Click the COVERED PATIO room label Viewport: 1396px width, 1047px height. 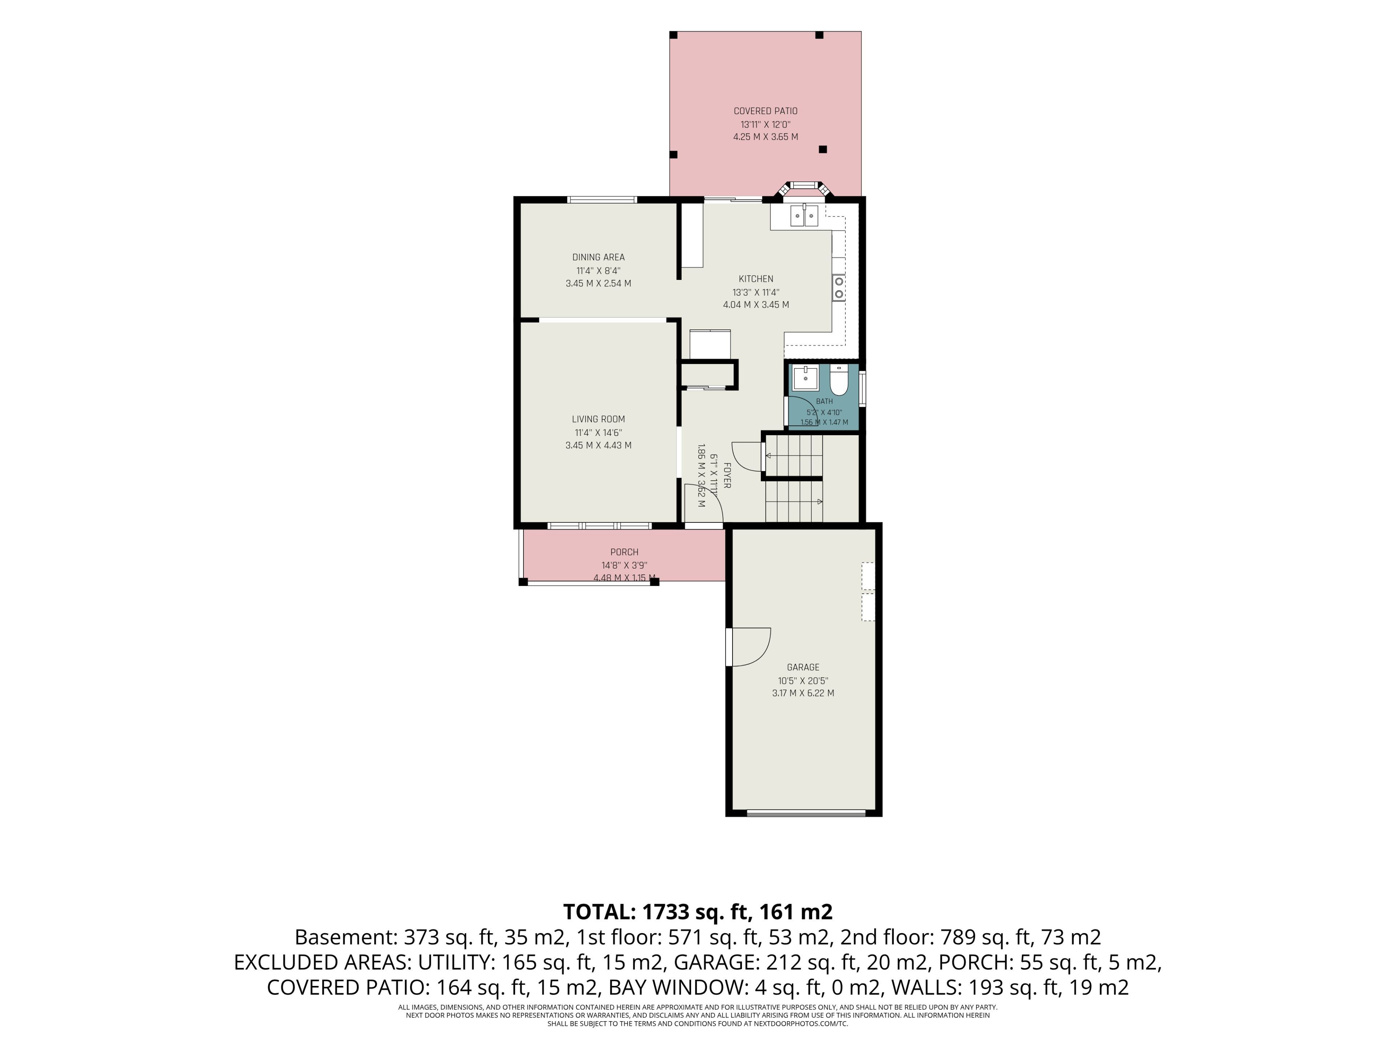(766, 111)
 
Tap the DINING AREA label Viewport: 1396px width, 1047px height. (598, 257)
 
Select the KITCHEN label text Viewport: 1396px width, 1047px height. (756, 279)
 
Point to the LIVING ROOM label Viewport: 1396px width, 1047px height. (598, 419)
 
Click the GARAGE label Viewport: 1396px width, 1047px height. (803, 667)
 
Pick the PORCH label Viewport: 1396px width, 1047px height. (624, 552)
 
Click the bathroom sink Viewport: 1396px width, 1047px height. (806, 378)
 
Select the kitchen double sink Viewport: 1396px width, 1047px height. (805, 216)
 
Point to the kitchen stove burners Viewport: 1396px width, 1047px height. (839, 288)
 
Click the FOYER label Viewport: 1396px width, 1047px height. (727, 476)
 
